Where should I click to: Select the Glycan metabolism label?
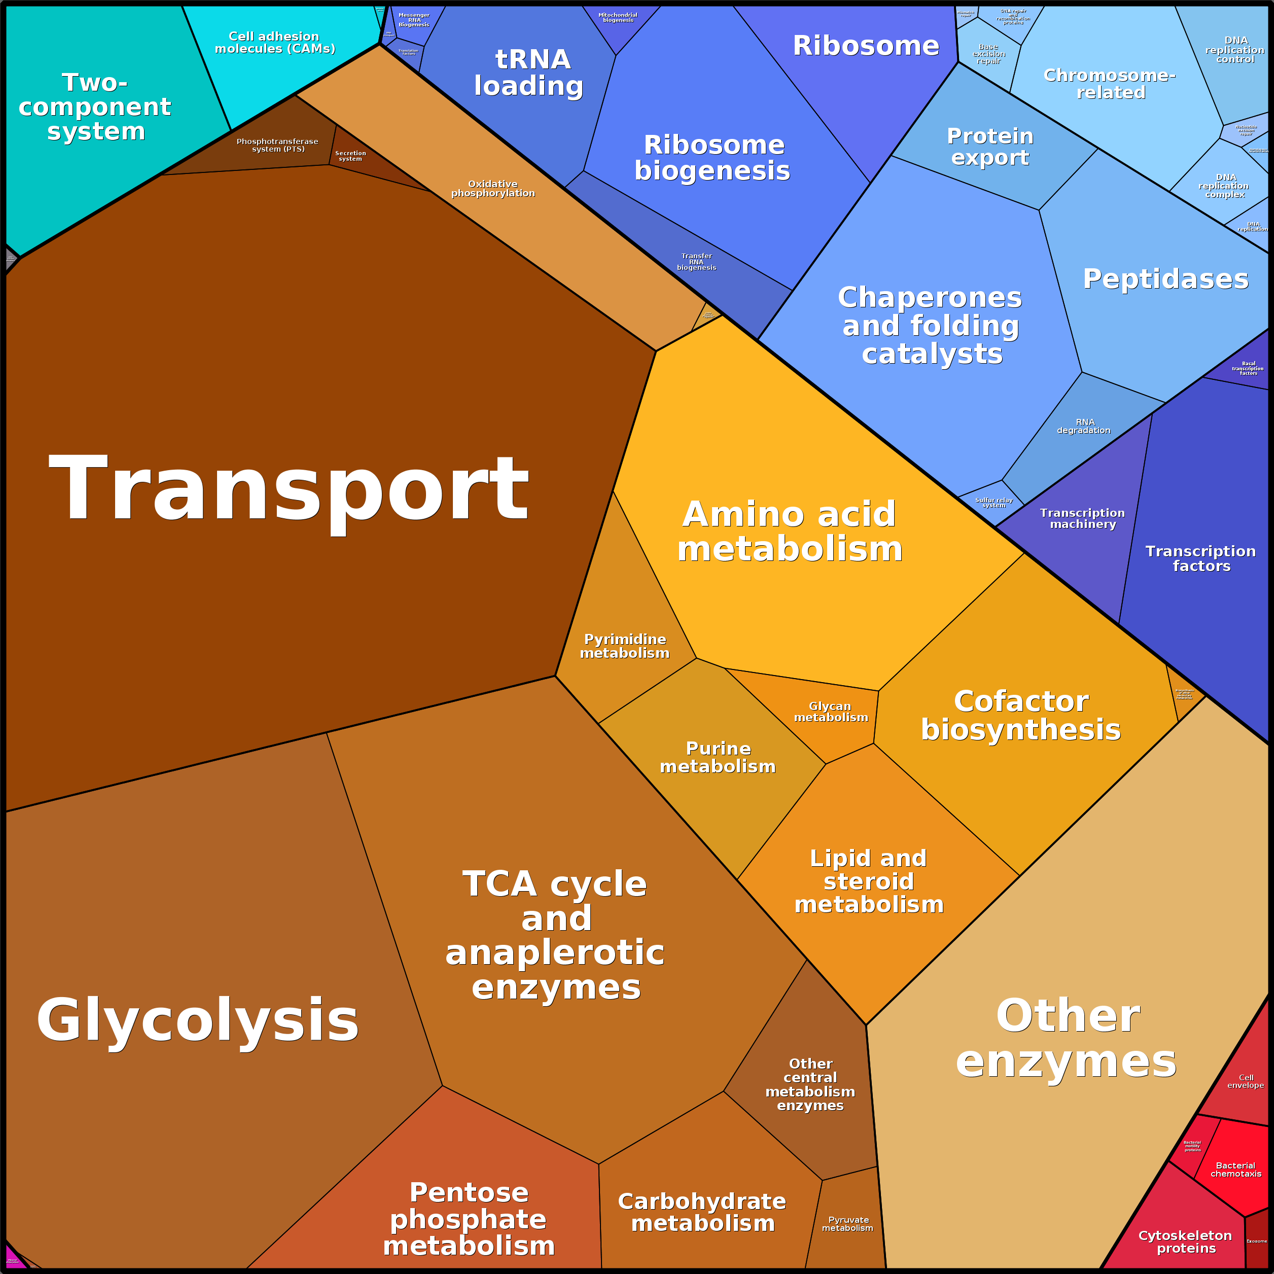(x=831, y=712)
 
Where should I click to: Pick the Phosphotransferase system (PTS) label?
(x=277, y=145)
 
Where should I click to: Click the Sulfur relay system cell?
(x=994, y=503)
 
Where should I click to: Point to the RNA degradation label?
(x=1083, y=426)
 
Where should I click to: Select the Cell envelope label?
(x=1245, y=1081)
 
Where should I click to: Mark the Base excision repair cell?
(x=988, y=54)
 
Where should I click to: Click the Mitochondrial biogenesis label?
(x=618, y=17)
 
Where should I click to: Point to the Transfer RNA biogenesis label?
(x=696, y=261)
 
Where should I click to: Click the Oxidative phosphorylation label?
(x=492, y=189)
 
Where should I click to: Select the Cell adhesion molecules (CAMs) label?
(x=275, y=42)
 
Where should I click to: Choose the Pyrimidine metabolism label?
(x=624, y=646)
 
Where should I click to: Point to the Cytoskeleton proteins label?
(x=1185, y=1242)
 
